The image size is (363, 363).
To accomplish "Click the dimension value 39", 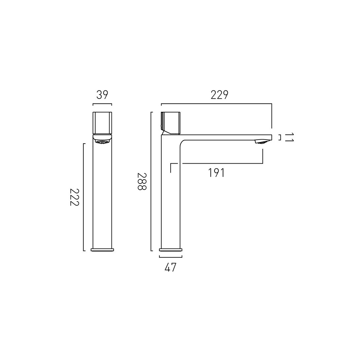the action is [x=102, y=95].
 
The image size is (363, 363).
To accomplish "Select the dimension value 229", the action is [x=219, y=95].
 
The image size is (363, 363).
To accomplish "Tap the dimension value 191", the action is [x=216, y=173].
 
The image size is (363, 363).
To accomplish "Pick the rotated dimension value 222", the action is [x=75, y=197].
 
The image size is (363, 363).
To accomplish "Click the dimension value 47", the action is [x=170, y=267].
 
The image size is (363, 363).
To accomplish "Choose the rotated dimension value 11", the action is [x=289, y=137].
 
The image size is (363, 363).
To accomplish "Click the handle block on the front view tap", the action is [x=102, y=123].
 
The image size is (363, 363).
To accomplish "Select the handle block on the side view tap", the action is [x=171, y=123].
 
